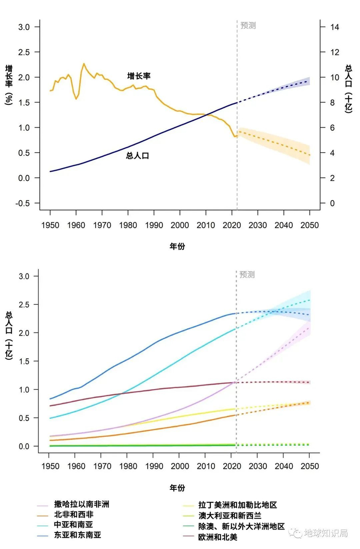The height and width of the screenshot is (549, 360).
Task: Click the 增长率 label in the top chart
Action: pyautogui.click(x=139, y=76)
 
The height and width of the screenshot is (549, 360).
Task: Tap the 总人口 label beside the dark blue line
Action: pyautogui.click(x=137, y=156)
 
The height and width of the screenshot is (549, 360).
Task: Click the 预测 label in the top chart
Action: pyautogui.click(x=248, y=25)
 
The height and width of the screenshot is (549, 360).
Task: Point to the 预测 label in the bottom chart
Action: pyautogui.click(x=247, y=274)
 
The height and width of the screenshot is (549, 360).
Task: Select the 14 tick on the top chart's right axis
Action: pyautogui.click(x=335, y=27)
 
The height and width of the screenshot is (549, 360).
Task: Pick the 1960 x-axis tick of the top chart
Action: pyautogui.click(x=76, y=225)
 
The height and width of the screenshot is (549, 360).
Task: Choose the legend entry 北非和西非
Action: pyautogui.click(x=74, y=515)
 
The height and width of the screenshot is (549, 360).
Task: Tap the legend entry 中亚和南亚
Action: pyautogui.click(x=74, y=525)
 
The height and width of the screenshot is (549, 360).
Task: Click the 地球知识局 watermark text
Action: pyautogui.click(x=326, y=533)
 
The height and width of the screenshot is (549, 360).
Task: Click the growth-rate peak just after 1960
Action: pyautogui.click(x=84, y=64)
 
